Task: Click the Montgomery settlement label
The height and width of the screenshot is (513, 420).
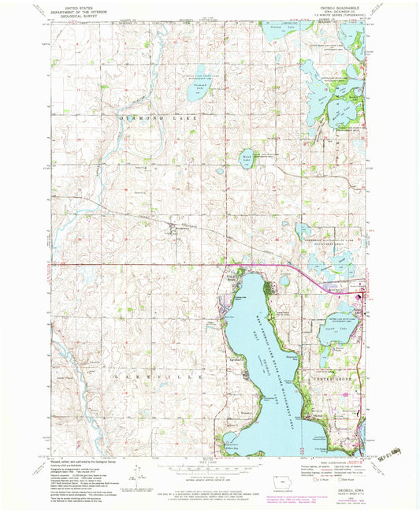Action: (179, 231)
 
